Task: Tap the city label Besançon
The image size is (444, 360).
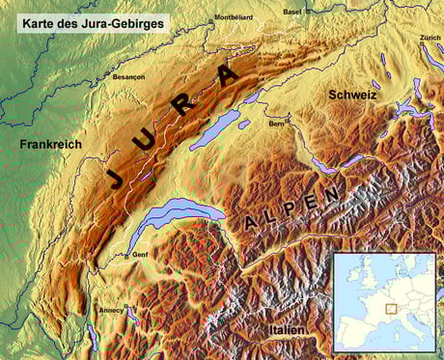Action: click(129, 76)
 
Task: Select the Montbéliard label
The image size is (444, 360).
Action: click(233, 17)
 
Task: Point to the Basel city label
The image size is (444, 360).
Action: click(291, 11)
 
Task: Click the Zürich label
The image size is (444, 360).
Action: click(430, 38)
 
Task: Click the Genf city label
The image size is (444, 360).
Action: click(141, 254)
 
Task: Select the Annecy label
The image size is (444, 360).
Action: click(110, 310)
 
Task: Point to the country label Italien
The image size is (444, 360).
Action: click(288, 331)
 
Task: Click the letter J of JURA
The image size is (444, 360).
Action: click(115, 177)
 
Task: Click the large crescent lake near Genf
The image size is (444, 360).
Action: click(174, 218)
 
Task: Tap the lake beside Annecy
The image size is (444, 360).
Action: click(131, 314)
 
